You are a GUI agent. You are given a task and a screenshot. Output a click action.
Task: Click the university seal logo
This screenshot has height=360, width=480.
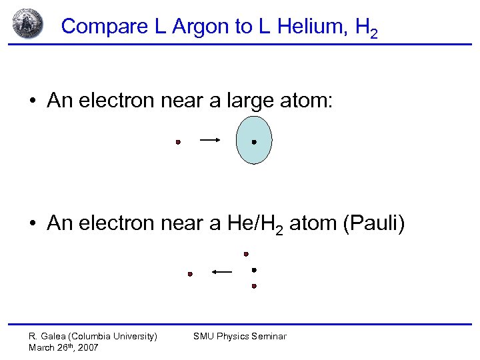[x=27, y=24]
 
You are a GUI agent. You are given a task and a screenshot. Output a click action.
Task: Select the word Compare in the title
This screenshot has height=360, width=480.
[x=100, y=27]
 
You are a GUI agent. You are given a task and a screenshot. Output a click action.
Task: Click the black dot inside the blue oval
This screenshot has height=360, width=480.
[x=254, y=142]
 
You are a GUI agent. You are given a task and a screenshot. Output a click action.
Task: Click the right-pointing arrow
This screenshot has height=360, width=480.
[x=210, y=140]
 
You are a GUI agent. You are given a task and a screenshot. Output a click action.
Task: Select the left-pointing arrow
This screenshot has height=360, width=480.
[x=222, y=271]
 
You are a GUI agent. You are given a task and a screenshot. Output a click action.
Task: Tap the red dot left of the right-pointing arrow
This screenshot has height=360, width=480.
[x=178, y=142]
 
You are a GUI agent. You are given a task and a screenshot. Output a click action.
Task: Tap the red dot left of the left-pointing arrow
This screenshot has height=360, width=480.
[x=190, y=274]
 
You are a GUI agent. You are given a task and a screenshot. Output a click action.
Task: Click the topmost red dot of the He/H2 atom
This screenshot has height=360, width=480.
[x=246, y=254]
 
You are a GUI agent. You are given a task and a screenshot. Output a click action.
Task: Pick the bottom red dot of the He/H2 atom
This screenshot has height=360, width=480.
[x=254, y=286]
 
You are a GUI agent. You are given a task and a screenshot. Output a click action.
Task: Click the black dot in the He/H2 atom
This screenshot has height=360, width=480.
[x=254, y=270]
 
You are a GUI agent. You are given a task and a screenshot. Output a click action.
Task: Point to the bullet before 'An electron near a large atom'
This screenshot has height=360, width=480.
[x=32, y=101]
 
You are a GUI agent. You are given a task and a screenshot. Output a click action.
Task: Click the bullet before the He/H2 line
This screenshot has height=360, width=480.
[x=32, y=223]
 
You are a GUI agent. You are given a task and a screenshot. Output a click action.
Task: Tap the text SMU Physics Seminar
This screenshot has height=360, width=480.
[x=239, y=336]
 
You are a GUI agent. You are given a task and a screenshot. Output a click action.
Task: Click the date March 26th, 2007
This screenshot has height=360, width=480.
[x=63, y=347]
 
